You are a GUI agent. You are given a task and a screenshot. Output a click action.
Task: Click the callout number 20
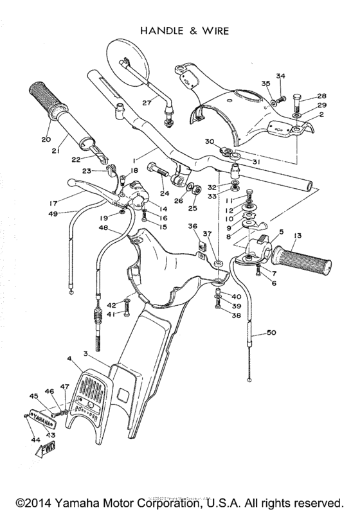point(45,139)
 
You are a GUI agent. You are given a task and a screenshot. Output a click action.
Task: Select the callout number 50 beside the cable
point(271,332)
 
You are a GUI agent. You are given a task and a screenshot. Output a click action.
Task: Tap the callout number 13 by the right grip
point(297,235)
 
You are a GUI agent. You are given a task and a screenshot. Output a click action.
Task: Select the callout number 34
point(281,76)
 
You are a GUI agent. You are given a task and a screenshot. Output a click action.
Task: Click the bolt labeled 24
point(159,171)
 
